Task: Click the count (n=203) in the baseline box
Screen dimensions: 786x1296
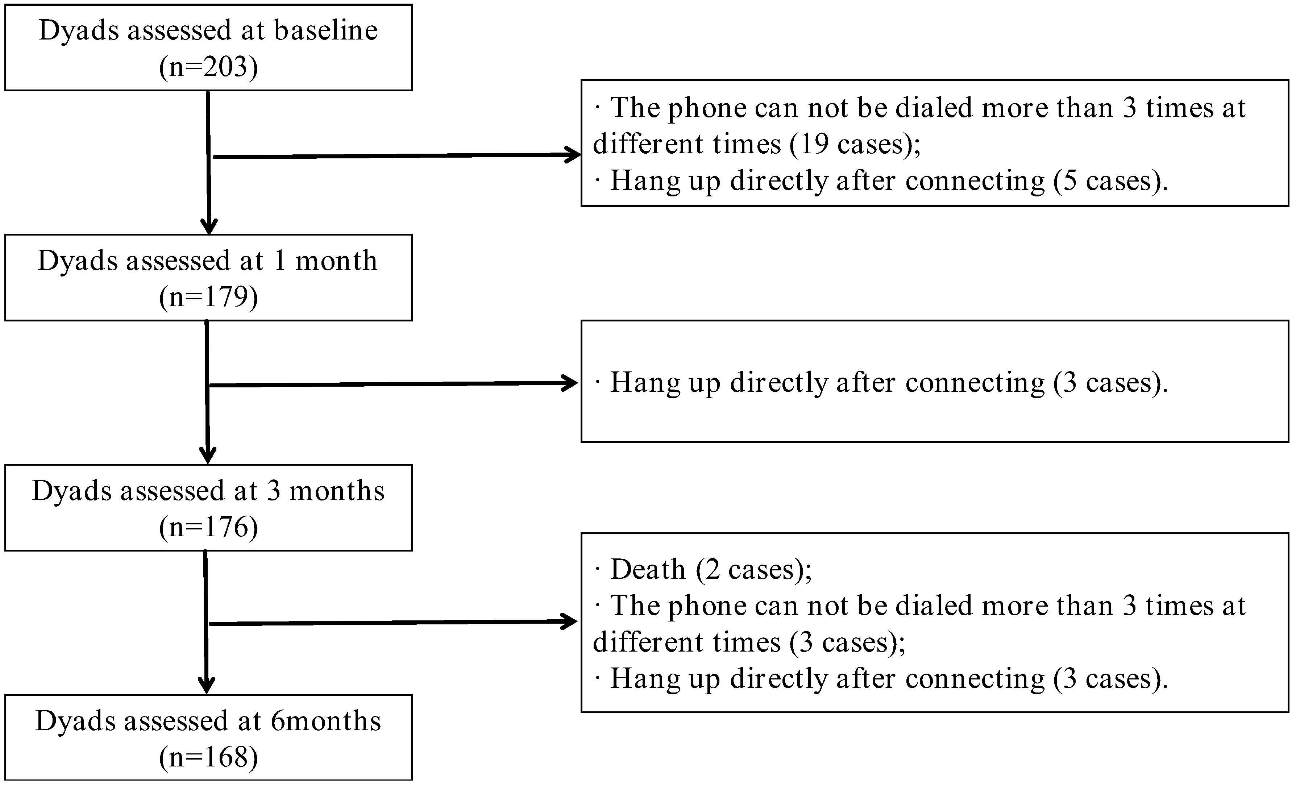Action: tap(208, 67)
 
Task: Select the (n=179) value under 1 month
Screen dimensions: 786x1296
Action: tap(208, 297)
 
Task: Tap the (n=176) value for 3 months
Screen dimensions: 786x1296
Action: tap(208, 527)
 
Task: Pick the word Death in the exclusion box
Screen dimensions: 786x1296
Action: tap(648, 569)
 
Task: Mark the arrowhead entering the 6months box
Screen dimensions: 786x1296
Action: tap(206, 686)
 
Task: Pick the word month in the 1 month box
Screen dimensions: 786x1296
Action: tap(336, 261)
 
